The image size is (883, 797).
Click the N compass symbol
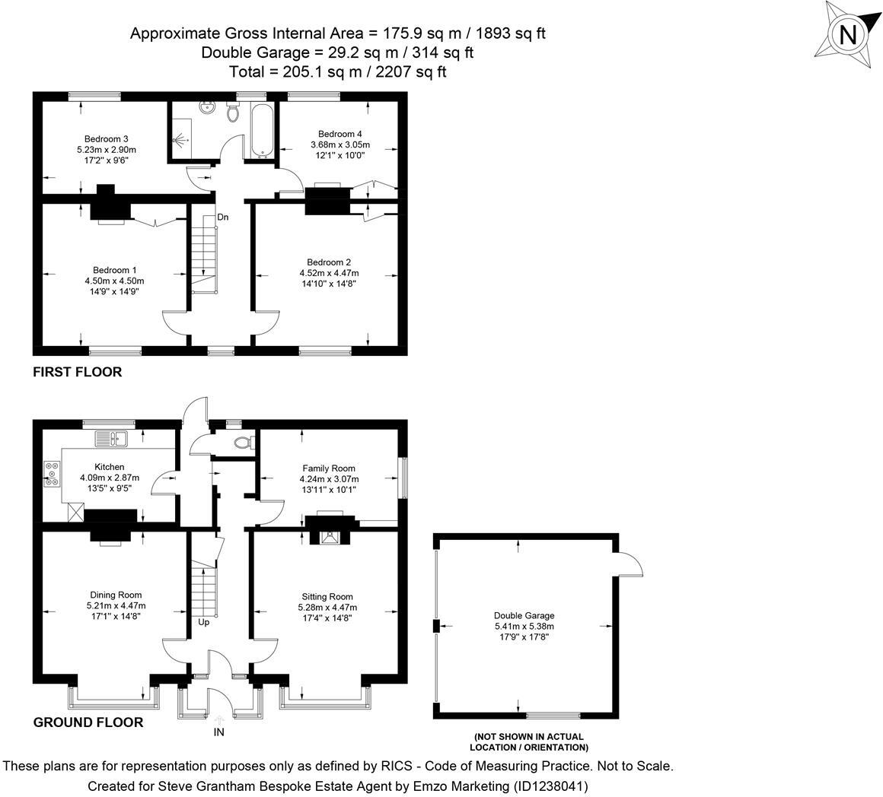[x=848, y=35]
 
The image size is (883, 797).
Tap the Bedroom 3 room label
[x=106, y=139]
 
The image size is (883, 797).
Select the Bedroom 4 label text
[x=339, y=133]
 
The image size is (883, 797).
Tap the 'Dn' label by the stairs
[x=223, y=218]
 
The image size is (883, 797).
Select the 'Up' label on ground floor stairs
[x=204, y=622]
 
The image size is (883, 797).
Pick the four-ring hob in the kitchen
[x=53, y=474]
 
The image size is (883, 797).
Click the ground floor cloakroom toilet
[x=242, y=442]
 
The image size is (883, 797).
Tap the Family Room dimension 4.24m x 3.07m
[x=329, y=479]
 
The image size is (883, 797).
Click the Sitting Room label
[x=327, y=596]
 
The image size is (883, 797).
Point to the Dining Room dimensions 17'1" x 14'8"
[x=114, y=617]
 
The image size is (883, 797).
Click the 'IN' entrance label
[x=219, y=732]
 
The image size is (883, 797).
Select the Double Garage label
[x=524, y=615]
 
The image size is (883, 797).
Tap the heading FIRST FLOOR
[x=77, y=373]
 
